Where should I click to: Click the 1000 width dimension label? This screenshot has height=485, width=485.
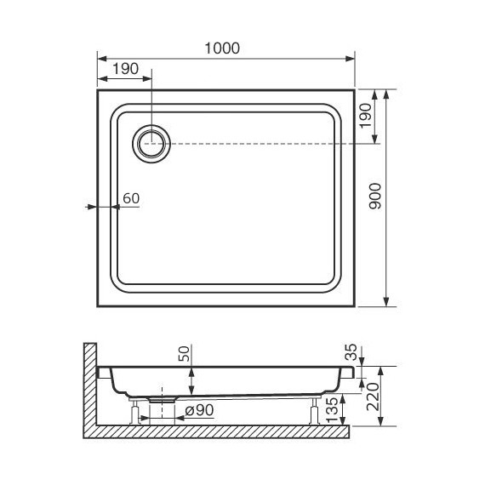click(223, 48)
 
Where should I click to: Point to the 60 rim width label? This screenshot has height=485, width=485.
click(131, 198)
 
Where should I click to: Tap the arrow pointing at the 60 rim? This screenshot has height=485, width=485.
click(92, 206)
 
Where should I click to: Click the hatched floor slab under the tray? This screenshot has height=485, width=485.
click(221, 431)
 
